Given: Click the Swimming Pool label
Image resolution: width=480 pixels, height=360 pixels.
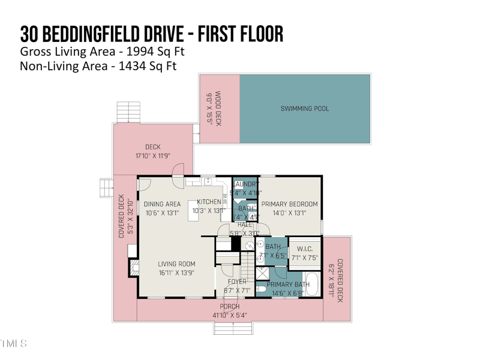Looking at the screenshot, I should pyautogui.click(x=305, y=109).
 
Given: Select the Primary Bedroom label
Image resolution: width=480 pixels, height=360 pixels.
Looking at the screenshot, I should pyautogui.click(x=289, y=204).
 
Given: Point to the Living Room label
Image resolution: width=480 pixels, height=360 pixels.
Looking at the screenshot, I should pyautogui.click(x=176, y=264).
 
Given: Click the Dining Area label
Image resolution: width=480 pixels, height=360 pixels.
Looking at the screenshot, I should pyautogui.click(x=162, y=204).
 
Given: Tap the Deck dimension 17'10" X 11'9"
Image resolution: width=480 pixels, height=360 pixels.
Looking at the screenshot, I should pyautogui.click(x=153, y=156).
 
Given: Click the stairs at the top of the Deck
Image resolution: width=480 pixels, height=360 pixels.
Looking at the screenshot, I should pyautogui.click(x=127, y=112).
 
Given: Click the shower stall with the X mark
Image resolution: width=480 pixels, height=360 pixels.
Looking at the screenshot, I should pyautogui.click(x=262, y=274).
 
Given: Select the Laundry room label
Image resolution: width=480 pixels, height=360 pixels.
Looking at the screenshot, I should pyautogui.click(x=246, y=184).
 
